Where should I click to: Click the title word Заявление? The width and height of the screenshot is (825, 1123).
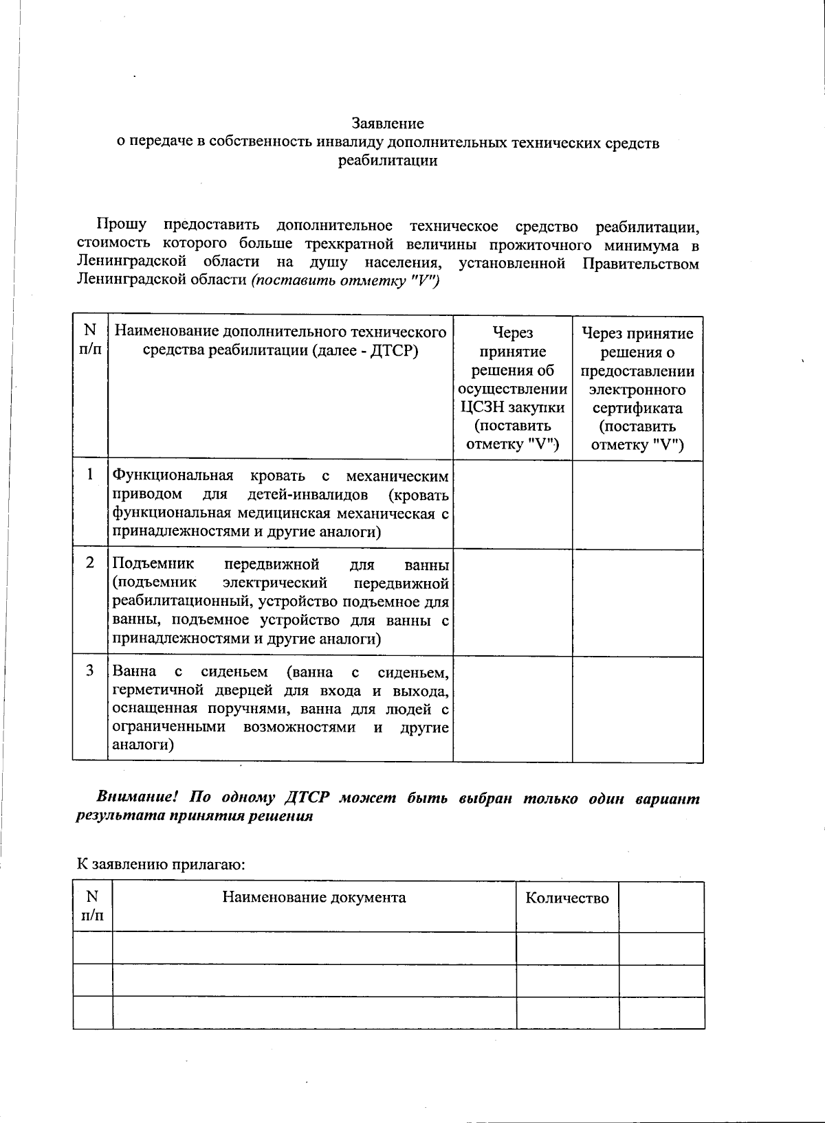tap(388, 124)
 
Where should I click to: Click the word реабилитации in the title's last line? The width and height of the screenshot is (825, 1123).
tap(388, 161)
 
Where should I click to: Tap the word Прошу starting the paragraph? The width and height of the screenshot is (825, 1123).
tap(121, 225)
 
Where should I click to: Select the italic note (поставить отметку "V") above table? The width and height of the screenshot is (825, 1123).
tap(346, 281)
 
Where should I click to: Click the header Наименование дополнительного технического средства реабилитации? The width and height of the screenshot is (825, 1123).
tap(280, 341)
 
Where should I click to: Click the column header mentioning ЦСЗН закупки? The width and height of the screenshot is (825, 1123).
tap(513, 388)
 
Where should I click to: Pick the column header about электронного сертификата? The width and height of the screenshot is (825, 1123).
tap(637, 389)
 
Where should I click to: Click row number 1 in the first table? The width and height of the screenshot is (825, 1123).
tap(90, 475)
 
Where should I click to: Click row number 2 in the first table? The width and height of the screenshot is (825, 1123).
tap(90, 563)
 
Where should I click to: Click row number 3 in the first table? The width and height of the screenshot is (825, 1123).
tap(90, 670)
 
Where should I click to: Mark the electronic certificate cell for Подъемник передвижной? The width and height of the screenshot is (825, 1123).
tap(637, 602)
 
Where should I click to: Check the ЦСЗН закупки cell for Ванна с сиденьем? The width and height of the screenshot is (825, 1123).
tap(513, 708)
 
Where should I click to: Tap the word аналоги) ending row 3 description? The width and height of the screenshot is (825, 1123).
tap(143, 745)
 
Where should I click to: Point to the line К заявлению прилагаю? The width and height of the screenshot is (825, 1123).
tap(161, 864)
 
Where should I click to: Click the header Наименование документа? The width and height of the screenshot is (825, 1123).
tap(313, 898)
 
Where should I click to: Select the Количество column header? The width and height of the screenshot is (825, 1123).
tap(567, 898)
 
